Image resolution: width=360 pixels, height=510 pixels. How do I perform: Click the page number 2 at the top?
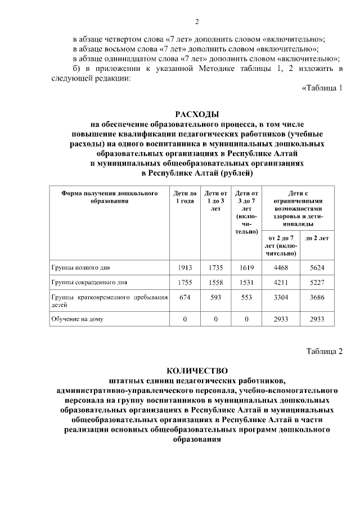197,22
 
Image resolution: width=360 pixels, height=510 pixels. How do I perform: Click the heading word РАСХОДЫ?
197,114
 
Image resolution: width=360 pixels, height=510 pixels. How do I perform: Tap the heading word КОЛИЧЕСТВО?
197,370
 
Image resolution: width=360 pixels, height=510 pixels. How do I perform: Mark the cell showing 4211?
281,283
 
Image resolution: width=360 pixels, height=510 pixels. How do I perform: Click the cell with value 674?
185,298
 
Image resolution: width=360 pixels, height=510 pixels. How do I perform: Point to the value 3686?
317,298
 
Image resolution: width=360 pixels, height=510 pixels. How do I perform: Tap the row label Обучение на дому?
77,319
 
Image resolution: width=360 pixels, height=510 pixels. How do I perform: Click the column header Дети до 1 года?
185,197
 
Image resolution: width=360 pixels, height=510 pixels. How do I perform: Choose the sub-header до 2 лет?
317,238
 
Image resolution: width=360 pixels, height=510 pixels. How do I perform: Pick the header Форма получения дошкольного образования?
109,197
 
